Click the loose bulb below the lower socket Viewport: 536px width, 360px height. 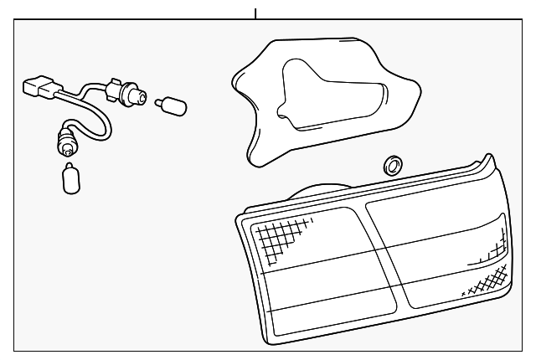click(71, 179)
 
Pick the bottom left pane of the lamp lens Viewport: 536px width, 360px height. click(331, 314)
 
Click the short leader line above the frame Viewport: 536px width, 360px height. click(255, 13)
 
